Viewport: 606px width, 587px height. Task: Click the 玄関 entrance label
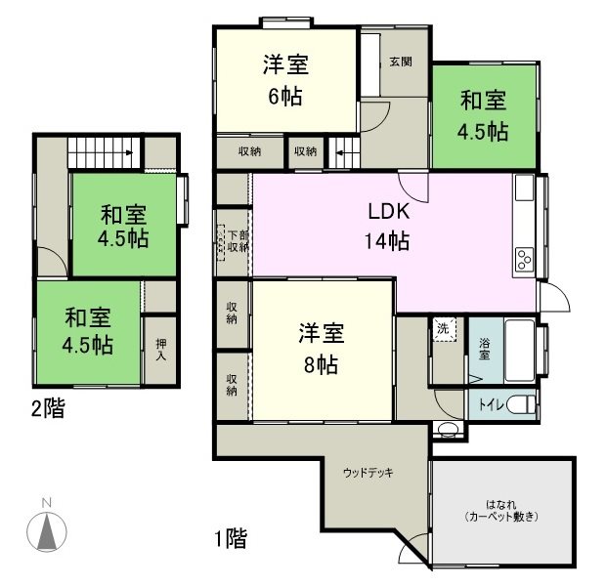[x=400, y=62]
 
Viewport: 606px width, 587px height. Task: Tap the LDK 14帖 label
[x=388, y=227]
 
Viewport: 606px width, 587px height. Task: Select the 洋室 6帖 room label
[x=285, y=80]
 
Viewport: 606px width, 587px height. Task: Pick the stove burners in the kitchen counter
[x=523, y=259]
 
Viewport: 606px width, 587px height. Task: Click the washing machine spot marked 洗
[x=444, y=328]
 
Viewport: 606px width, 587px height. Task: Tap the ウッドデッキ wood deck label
[x=368, y=474]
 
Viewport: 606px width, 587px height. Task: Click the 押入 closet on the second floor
[x=160, y=349]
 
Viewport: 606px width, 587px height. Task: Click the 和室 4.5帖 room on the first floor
[x=483, y=115]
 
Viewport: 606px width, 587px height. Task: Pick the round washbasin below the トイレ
[x=449, y=431]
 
